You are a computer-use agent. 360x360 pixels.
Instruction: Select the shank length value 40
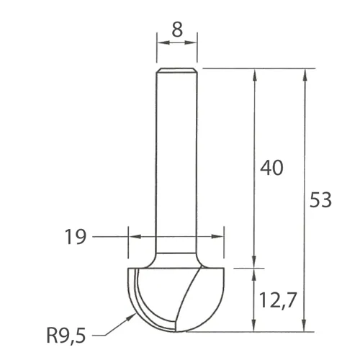[271, 168]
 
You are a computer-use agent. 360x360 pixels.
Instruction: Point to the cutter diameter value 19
[76, 235]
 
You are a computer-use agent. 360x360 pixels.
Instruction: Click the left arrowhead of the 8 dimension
[161, 42]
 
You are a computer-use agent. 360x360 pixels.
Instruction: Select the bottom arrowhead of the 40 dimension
[254, 261]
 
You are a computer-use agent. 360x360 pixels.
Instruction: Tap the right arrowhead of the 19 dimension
[220, 235]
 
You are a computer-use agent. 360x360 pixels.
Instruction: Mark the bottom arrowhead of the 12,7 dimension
[254, 327]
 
